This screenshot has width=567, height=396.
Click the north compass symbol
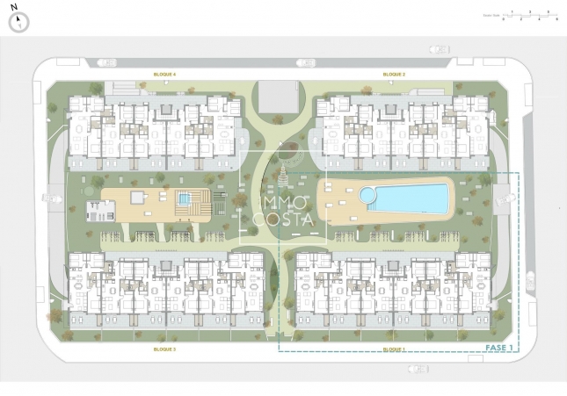click(18, 22)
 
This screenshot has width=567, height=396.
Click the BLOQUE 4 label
click(164, 75)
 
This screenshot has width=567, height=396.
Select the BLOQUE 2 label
click(394, 75)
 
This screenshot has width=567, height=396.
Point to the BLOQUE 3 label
click(164, 349)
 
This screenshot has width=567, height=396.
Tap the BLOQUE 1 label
click(394, 349)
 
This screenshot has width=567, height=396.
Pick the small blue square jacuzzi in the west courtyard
click(184, 199)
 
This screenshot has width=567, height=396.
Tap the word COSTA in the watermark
click(283, 219)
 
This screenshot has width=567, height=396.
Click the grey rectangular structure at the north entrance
click(279, 96)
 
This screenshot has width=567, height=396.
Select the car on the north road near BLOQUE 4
click(105, 61)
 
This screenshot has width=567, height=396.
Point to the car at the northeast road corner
click(438, 50)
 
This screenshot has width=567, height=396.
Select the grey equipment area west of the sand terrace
click(100, 210)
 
